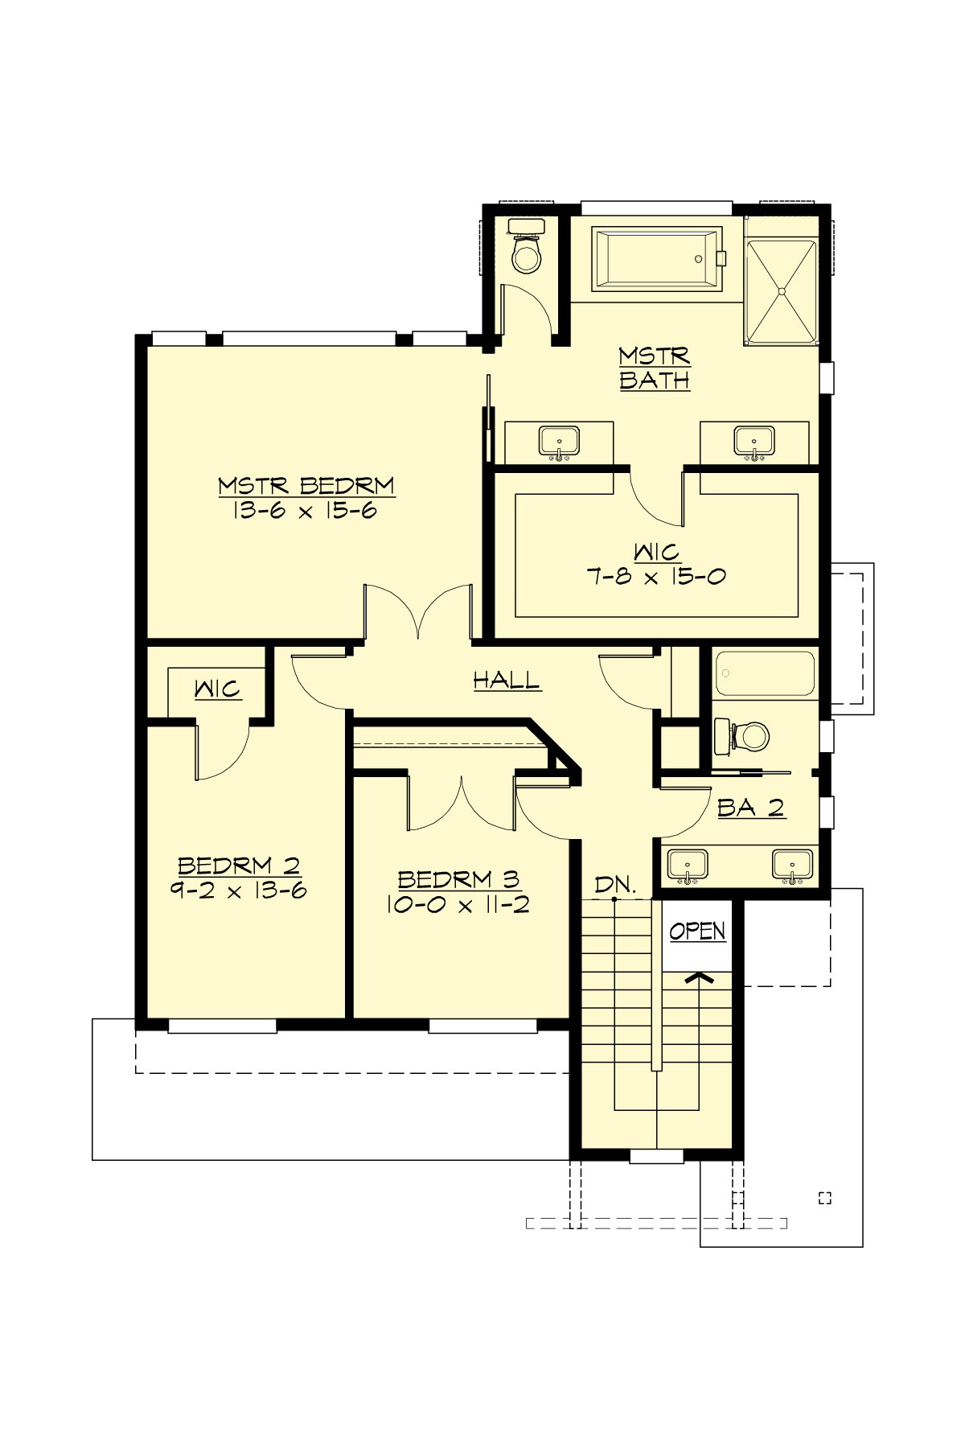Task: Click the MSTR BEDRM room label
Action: coord(306,486)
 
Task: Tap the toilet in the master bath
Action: coord(528,252)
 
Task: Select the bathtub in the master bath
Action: coord(655,258)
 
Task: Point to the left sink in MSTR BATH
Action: coord(559,442)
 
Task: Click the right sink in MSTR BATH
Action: coord(754,442)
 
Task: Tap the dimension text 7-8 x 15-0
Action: coord(657,576)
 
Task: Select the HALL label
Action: coord(507,681)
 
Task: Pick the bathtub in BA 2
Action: coord(765,673)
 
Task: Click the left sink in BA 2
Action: coord(688,865)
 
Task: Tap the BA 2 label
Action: coord(750,808)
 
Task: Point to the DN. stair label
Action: coord(615,885)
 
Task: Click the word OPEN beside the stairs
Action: coord(697,931)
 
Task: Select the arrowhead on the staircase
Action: coord(700,978)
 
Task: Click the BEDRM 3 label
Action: coord(458,879)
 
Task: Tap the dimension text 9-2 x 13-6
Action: coord(239,890)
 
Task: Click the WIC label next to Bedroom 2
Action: coord(217,689)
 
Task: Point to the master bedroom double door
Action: coord(418,615)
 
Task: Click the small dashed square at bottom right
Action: coord(824,1198)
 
